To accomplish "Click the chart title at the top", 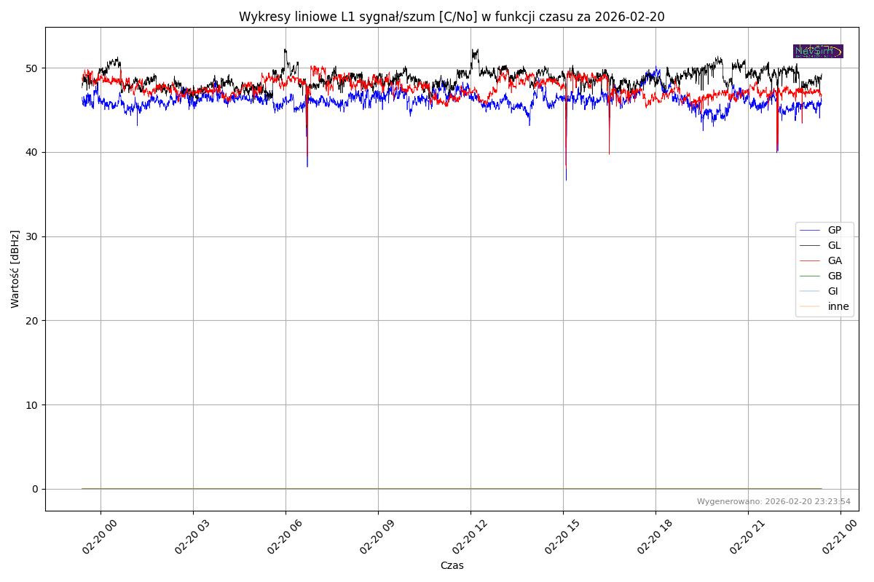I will (x=452, y=17).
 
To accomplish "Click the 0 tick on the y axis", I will (x=34, y=489).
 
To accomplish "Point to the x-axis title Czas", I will (x=452, y=565).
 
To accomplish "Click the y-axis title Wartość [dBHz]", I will (x=15, y=268).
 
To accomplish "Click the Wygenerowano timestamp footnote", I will (x=773, y=501).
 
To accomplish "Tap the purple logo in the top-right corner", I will (x=818, y=51).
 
